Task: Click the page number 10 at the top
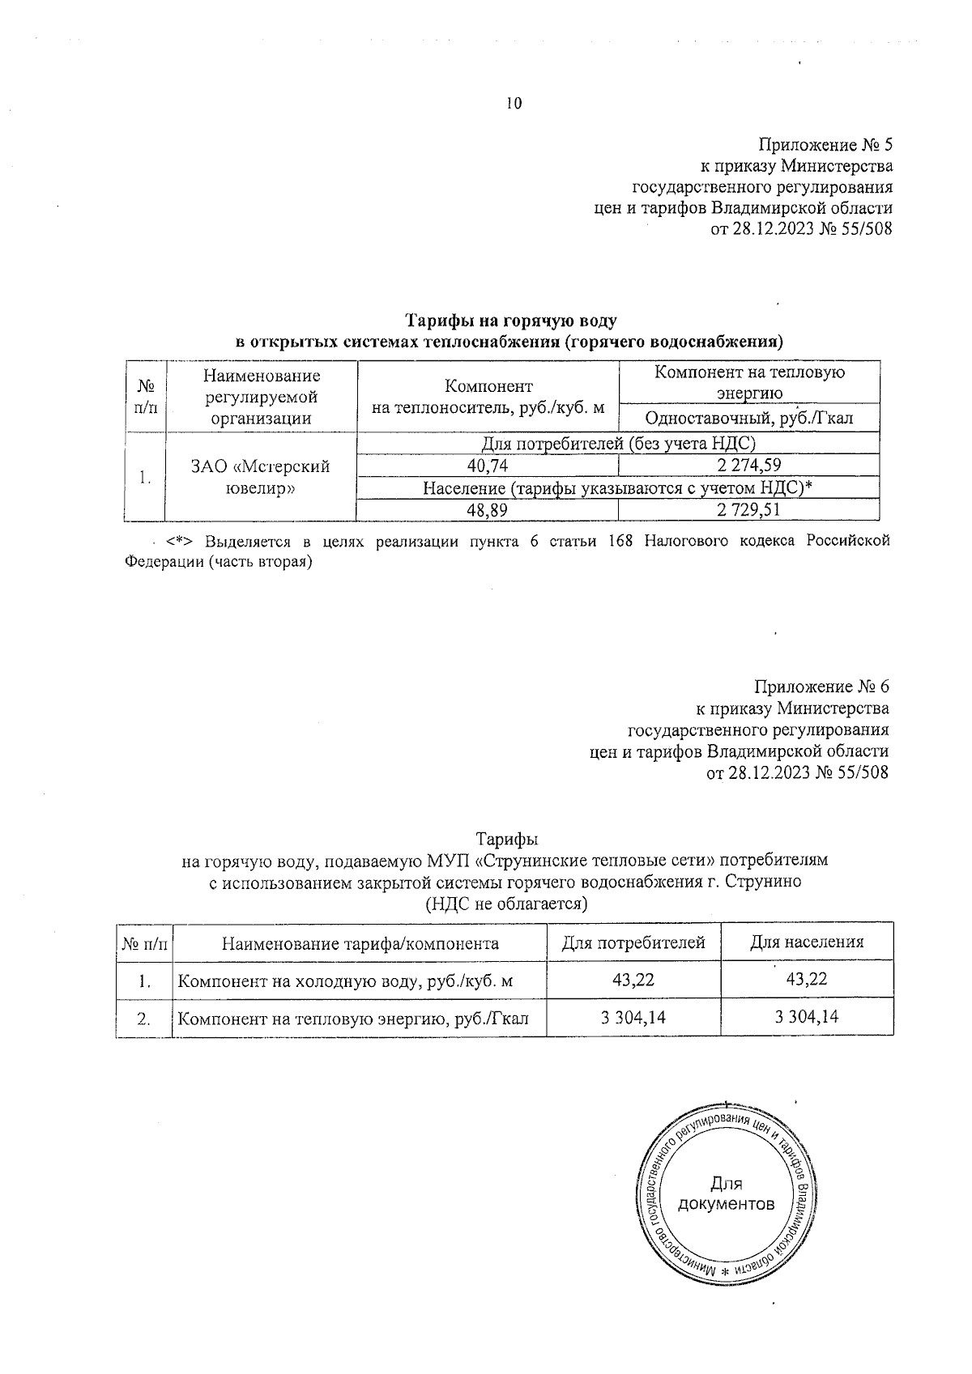[x=514, y=103]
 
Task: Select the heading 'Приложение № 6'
[x=821, y=687]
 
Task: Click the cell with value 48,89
[x=488, y=509]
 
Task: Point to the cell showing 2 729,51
[x=748, y=509]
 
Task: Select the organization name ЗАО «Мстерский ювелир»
[x=260, y=478]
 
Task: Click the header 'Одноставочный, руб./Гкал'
[x=748, y=418]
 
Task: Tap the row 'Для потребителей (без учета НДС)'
[x=618, y=444]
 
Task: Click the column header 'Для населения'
[x=806, y=942]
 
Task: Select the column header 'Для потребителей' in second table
[x=633, y=942]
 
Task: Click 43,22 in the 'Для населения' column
[x=806, y=980]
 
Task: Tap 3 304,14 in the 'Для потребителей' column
[x=633, y=1017]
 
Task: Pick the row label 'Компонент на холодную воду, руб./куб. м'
[x=345, y=981]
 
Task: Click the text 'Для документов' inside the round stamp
[x=725, y=1193]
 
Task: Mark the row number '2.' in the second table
[x=145, y=1019]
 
